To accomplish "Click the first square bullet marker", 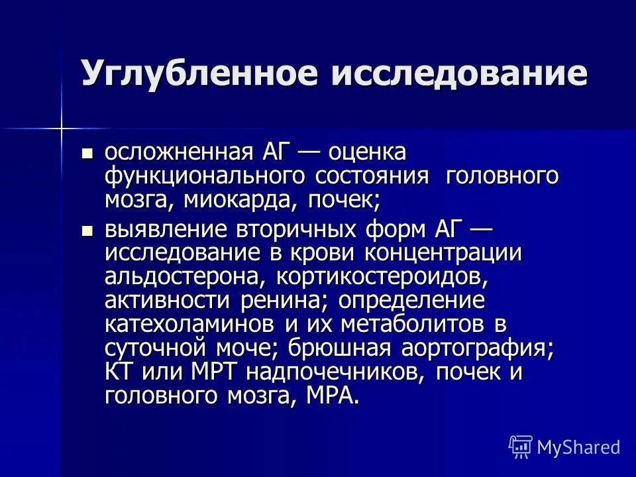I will click(x=86, y=154).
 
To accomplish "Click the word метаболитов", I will click(x=398, y=325).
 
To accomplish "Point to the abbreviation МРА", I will click(x=334, y=396).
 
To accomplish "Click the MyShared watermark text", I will click(x=578, y=447).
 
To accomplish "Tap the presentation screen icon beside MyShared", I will click(x=521, y=447).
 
